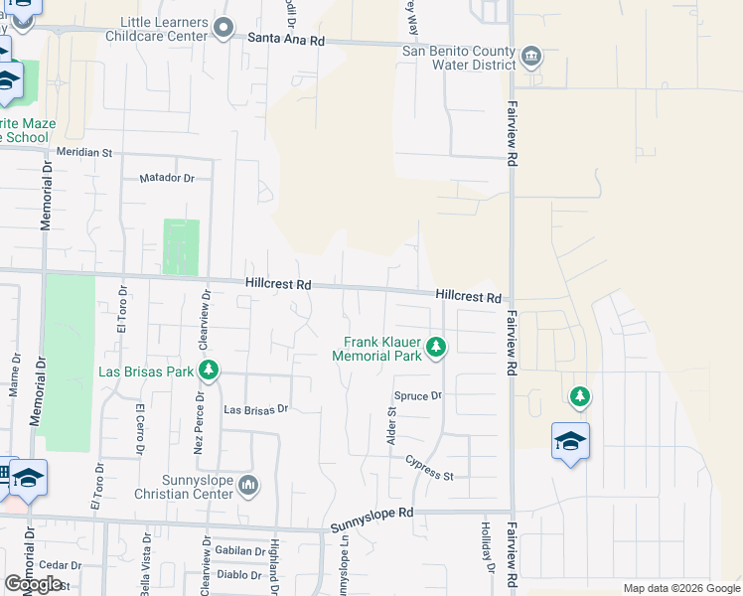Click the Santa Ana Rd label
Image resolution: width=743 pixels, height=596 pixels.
point(286,40)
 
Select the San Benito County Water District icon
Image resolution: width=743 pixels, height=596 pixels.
point(531,55)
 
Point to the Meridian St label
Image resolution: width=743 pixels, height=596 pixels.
point(85,154)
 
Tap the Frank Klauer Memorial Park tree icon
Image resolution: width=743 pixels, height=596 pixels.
point(436,347)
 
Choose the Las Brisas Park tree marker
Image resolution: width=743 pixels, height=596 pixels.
point(209,372)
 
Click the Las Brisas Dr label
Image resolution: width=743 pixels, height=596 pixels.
point(255,408)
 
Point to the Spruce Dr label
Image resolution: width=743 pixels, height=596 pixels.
point(417,395)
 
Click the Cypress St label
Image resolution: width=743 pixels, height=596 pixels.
point(429,470)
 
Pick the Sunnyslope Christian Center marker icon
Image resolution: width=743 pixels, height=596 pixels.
point(248,485)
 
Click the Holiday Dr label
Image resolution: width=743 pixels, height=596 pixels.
point(488,547)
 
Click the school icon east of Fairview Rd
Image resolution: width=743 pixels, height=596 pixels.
point(571,440)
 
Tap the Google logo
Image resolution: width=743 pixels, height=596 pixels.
point(33,584)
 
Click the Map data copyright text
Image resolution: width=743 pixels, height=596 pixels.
point(680,588)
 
